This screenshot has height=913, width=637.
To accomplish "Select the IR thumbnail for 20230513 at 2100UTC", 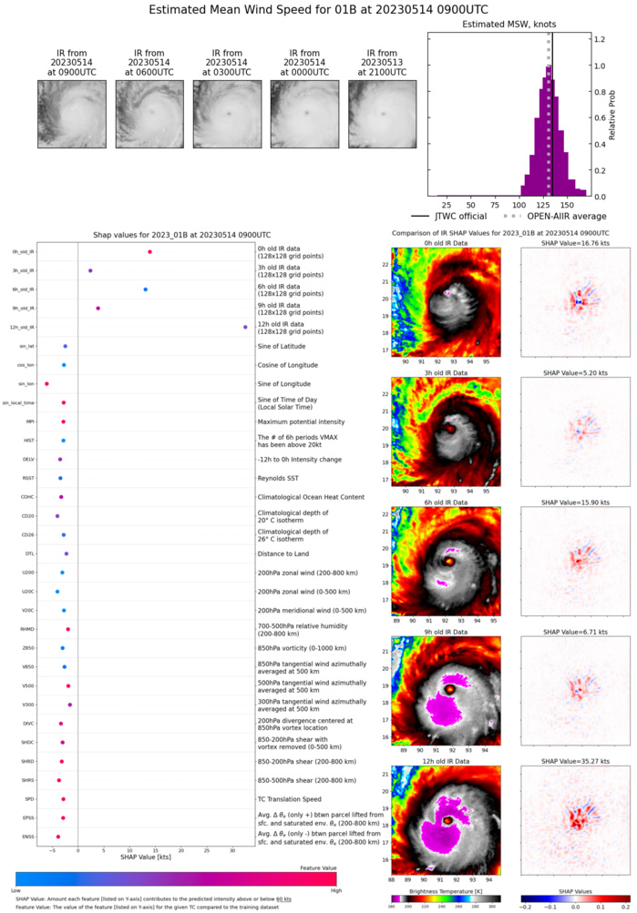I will point(382,114).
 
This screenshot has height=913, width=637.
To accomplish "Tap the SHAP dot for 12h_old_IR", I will point(245,327).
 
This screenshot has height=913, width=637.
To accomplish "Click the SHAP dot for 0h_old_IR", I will point(149,252).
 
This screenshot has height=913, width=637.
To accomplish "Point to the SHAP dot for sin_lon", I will point(46,384).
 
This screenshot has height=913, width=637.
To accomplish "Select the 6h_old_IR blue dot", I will point(145,289).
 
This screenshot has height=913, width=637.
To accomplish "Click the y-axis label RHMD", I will point(28,629).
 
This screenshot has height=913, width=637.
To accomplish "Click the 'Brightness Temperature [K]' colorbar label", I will point(446,896).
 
